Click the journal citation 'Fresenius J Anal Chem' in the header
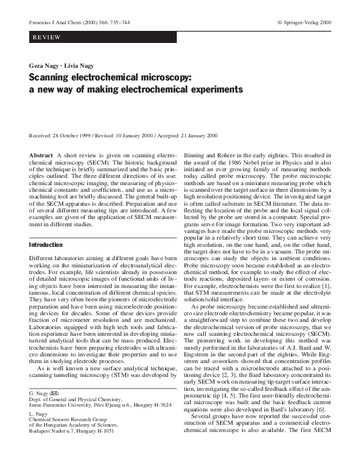(x=55, y=22)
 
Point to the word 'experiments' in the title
(x=217, y=90)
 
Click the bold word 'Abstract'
(x=41, y=156)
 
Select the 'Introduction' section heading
(x=46, y=244)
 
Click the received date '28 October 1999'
(x=71, y=136)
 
